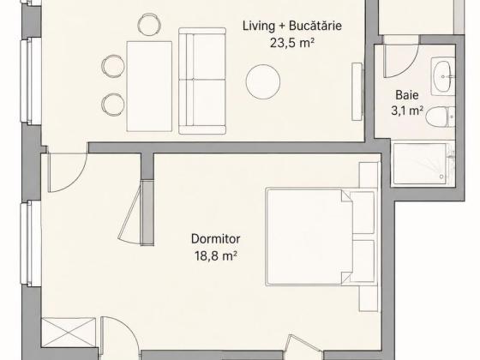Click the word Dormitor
[x=215, y=239]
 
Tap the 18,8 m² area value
[x=216, y=255]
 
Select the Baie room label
[x=407, y=95]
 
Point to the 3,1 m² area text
[x=407, y=111]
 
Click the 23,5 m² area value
[x=292, y=43]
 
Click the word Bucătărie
[x=315, y=26]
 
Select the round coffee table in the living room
[x=263, y=81]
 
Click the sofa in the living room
[x=202, y=81]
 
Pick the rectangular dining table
[x=149, y=87]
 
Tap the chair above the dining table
[x=149, y=24]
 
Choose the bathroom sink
[x=443, y=76]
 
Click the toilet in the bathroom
[x=441, y=117]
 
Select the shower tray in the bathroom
[x=423, y=164]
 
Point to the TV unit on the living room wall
[x=357, y=92]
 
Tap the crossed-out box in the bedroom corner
[x=69, y=333]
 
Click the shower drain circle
[x=441, y=177]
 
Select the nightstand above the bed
[x=369, y=175]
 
